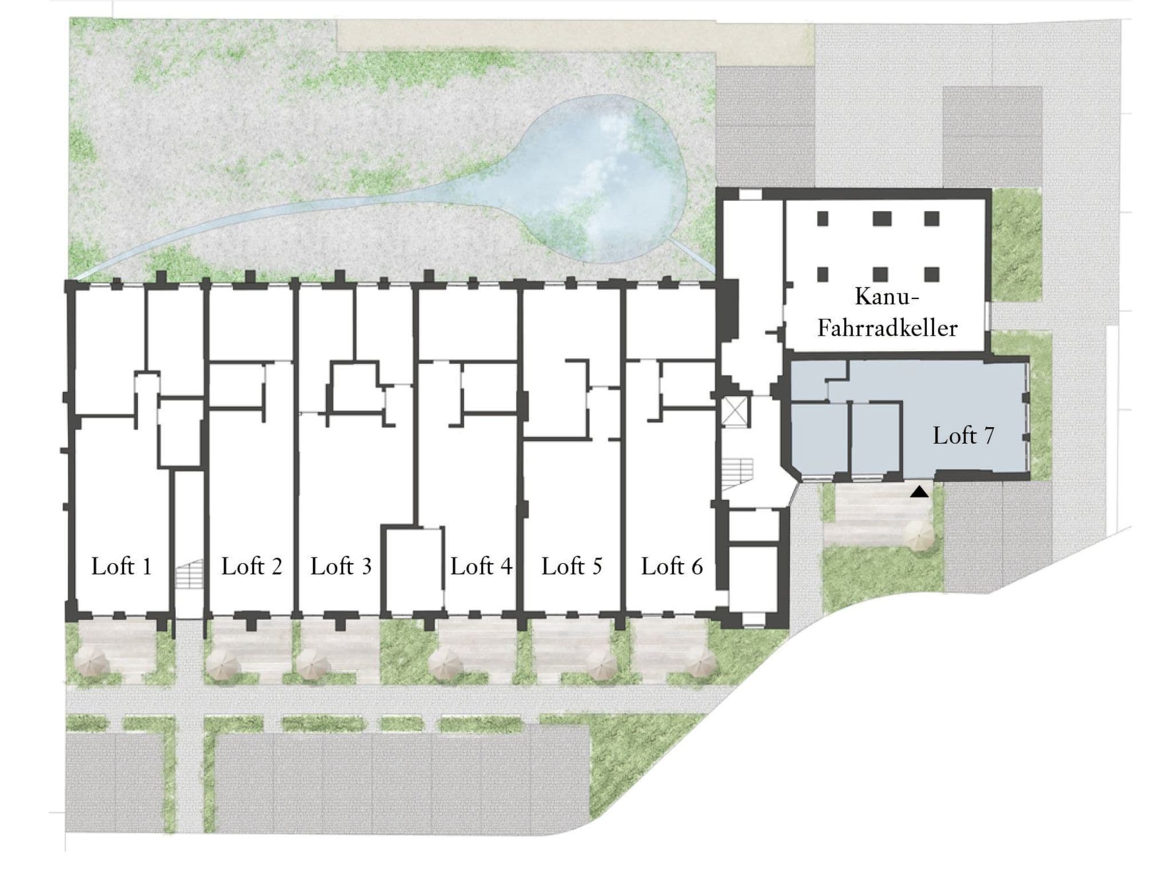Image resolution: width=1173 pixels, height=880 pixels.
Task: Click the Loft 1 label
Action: tap(121, 566)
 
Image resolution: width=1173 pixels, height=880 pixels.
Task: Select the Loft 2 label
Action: tap(251, 566)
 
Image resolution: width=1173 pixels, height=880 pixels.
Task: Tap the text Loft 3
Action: tap(341, 566)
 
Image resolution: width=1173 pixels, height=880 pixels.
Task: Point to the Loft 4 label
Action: tap(481, 566)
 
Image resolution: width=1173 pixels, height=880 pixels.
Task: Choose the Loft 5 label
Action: tap(572, 566)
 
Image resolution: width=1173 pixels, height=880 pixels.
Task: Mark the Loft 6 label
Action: tap(672, 566)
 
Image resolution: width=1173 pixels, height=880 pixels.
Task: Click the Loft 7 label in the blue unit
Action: tap(963, 435)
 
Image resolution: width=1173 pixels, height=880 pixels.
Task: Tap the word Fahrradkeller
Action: tap(887, 328)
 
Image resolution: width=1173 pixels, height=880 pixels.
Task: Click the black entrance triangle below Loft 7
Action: tap(919, 491)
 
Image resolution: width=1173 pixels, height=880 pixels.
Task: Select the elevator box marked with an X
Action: tap(734, 410)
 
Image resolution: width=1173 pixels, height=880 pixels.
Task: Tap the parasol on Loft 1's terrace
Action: tap(93, 663)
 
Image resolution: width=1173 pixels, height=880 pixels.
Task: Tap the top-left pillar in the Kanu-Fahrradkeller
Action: tap(823, 218)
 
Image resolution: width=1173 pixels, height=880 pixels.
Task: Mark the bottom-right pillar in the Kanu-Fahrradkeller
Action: tap(932, 274)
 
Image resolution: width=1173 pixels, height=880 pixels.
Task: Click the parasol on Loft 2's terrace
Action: tap(223, 665)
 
